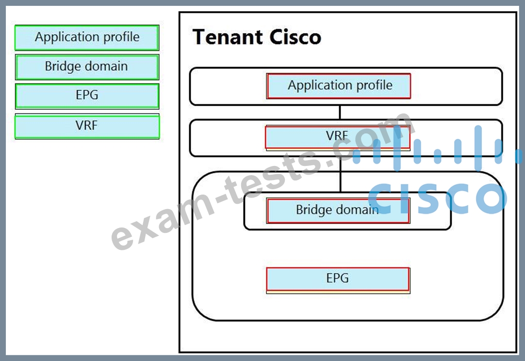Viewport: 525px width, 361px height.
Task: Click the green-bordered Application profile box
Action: coord(87,37)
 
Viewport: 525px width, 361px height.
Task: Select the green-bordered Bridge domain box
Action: coord(87,67)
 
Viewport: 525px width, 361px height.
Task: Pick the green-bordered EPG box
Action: coord(87,96)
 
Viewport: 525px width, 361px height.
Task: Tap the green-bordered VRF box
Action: coord(87,126)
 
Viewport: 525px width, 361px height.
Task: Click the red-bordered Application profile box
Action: coord(339,86)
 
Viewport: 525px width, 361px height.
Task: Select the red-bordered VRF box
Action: coord(338,138)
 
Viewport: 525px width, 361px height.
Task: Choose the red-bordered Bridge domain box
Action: coord(338,210)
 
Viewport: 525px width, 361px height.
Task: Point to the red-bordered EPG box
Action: coord(338,280)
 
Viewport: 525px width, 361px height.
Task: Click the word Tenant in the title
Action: coord(228,37)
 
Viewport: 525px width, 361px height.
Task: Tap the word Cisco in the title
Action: coord(295,37)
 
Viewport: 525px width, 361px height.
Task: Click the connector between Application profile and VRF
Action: coord(340,112)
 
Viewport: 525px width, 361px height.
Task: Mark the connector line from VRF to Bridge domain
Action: coord(341,174)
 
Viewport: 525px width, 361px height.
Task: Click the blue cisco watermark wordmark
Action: coord(438,198)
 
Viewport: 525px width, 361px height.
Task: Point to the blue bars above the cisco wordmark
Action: coord(435,148)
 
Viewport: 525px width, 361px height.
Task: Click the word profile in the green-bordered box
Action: coord(121,37)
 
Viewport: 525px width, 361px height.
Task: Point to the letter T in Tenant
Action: coord(199,37)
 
